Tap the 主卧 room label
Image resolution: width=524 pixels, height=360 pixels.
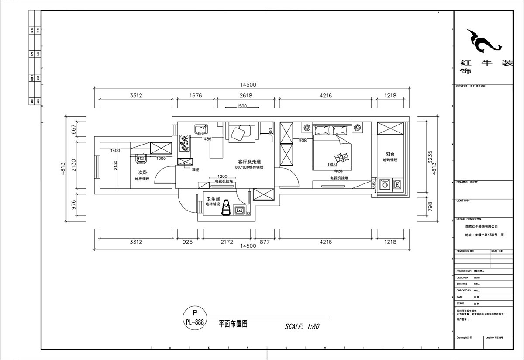tap(338, 172)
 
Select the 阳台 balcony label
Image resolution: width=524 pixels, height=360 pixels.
tap(390, 154)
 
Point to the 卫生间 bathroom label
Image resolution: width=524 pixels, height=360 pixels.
tap(213, 199)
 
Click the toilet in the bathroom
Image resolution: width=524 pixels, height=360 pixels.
tap(226, 208)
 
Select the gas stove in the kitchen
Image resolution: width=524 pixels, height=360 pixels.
tap(184, 142)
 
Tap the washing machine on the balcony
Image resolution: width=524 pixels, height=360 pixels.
tap(385, 185)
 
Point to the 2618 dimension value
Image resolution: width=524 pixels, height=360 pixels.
tap(246, 96)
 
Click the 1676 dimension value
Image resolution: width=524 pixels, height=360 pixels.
tap(196, 96)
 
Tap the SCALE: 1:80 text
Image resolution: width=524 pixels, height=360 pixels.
tap(302, 326)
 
